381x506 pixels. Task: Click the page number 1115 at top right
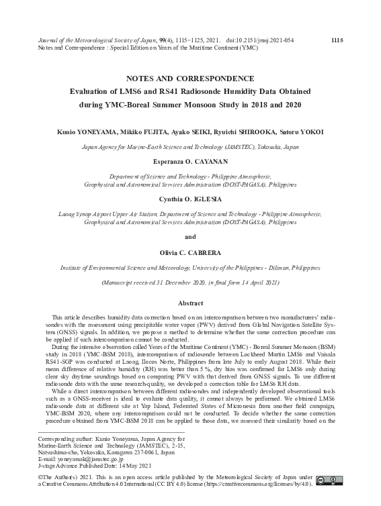(337, 40)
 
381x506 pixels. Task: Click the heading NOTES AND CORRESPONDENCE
(190, 78)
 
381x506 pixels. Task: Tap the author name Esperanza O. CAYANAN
(190, 161)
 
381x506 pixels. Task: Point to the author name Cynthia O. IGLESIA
(190, 200)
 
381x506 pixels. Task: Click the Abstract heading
(190, 303)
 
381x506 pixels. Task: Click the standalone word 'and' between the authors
(190, 236)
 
